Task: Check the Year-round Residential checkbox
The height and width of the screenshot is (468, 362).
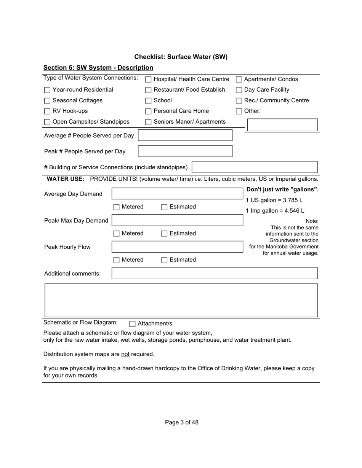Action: [x=47, y=90]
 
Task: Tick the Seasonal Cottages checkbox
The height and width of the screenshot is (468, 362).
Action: [x=47, y=101]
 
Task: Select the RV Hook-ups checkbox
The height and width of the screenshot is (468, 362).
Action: [x=47, y=111]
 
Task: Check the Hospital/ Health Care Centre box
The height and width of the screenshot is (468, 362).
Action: [x=149, y=80]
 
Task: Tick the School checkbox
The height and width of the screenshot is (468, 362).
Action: [x=149, y=101]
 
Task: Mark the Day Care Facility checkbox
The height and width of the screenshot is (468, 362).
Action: [x=239, y=90]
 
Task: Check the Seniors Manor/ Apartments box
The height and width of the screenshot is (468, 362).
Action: [x=149, y=122]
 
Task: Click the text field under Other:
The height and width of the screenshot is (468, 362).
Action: [x=282, y=125]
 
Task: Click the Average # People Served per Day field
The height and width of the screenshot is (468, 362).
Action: [x=185, y=135]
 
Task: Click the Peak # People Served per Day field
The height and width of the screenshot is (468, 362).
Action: [x=185, y=151]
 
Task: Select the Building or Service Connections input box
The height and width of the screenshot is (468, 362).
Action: [x=255, y=167]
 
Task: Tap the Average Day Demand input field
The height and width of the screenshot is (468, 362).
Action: [x=177, y=193]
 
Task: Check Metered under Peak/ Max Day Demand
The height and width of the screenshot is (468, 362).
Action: [x=117, y=234]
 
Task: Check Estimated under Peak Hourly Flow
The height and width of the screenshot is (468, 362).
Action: [x=164, y=260]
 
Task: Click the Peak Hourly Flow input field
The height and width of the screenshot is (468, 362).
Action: [x=177, y=247]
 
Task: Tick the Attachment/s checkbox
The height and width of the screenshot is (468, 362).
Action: [x=132, y=324]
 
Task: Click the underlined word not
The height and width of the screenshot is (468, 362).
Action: [x=125, y=354]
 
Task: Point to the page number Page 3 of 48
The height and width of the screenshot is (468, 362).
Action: [x=181, y=422]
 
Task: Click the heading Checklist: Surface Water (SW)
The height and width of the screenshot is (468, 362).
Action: [x=181, y=57]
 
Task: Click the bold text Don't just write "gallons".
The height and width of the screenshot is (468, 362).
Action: [x=282, y=189]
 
